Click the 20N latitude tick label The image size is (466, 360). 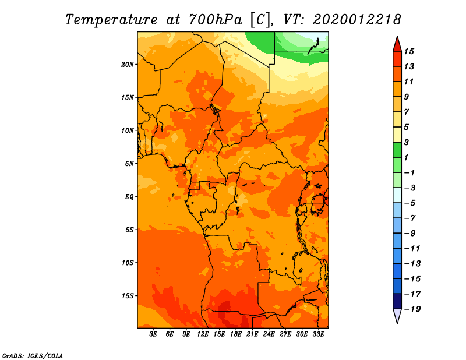point(127,65)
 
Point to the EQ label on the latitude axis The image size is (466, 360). point(129,197)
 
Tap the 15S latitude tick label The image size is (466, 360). point(127,296)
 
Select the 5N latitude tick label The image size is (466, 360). point(129,164)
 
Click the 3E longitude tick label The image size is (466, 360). point(153,334)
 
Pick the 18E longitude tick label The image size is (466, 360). point(236,334)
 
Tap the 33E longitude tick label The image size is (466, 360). point(318,334)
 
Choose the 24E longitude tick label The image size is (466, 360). point(269,334)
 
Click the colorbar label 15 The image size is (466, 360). point(409,51)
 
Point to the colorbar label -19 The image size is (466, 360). point(412,309)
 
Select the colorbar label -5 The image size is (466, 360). point(410,203)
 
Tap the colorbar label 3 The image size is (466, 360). point(407,142)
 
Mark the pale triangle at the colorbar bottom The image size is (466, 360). point(397,315)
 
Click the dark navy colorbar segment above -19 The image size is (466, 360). point(397,301)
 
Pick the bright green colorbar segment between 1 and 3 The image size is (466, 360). point(397,150)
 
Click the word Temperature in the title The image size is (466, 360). point(111,20)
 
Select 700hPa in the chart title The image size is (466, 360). point(216,20)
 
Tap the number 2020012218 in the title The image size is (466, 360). point(357,20)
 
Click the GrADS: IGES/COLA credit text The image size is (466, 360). point(33,356)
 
